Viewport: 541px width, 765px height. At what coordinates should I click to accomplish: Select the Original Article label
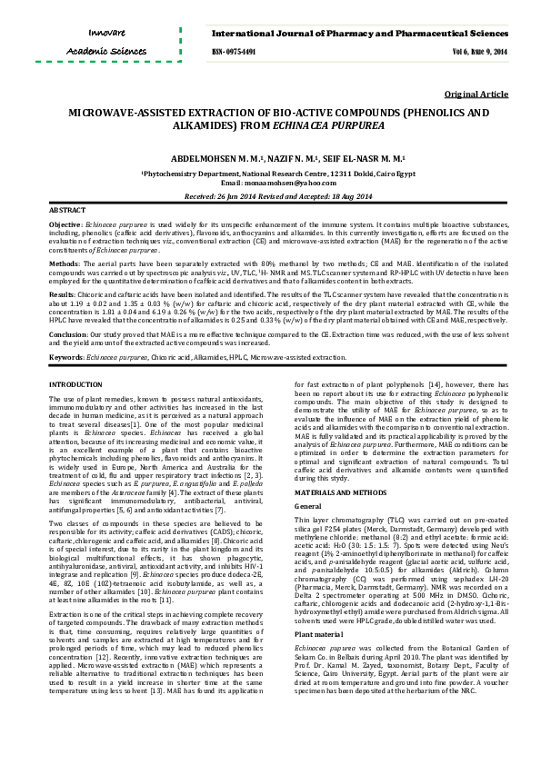tap(476, 94)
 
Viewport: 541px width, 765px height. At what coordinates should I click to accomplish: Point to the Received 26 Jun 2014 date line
tap(270, 196)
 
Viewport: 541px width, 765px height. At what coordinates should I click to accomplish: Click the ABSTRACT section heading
tap(66, 210)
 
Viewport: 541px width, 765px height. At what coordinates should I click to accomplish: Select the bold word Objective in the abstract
tap(65, 224)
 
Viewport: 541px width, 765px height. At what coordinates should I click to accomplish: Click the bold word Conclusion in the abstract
tap(68, 333)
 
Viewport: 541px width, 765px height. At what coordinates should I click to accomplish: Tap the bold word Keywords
tap(66, 358)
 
